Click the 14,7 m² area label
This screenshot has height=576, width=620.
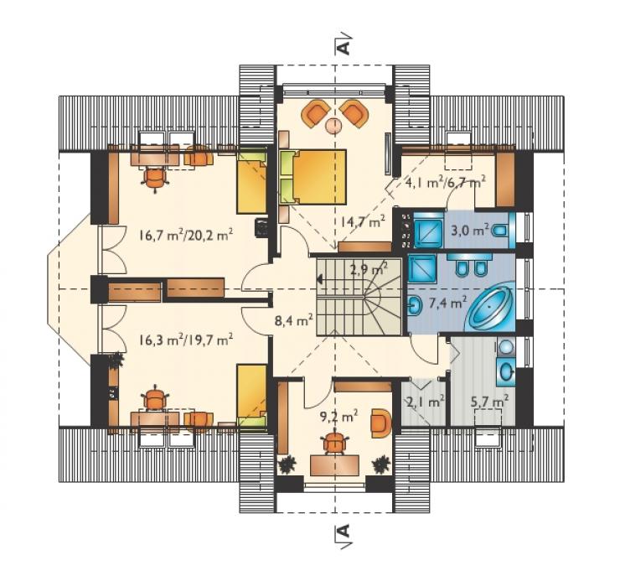(x=362, y=222)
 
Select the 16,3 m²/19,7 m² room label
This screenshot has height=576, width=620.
(x=185, y=339)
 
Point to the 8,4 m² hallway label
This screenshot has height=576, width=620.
(x=294, y=319)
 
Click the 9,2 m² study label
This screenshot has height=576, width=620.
(x=338, y=415)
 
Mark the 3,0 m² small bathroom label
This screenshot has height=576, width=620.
(x=470, y=230)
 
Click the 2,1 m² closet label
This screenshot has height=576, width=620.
(x=426, y=402)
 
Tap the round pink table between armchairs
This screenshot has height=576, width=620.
(x=335, y=126)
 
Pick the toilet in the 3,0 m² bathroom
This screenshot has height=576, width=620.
(x=500, y=230)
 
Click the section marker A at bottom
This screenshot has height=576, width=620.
(x=344, y=532)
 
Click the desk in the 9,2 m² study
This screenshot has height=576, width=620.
(x=335, y=465)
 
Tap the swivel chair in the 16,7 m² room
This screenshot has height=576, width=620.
(x=155, y=179)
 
